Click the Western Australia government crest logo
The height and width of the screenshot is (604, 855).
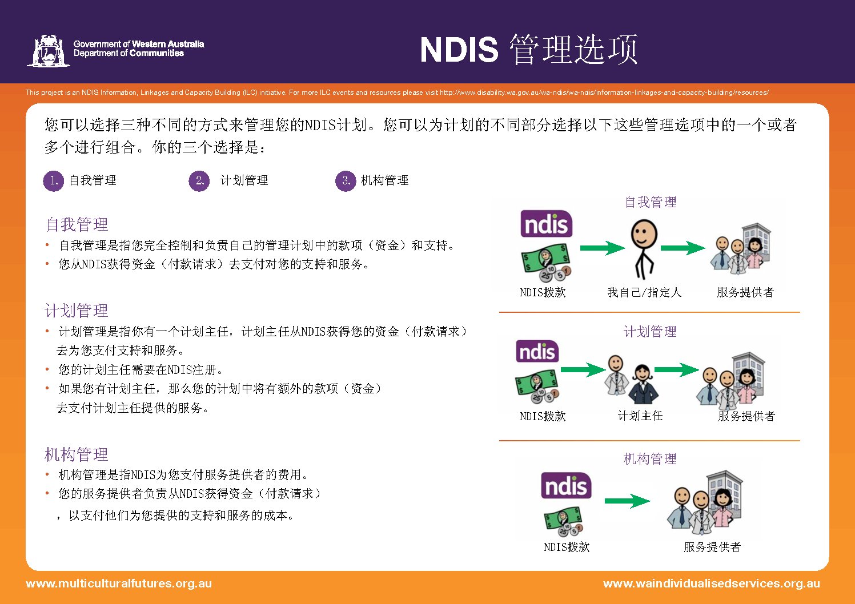pyautogui.click(x=49, y=51)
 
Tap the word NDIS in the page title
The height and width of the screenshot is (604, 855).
pyautogui.click(x=459, y=50)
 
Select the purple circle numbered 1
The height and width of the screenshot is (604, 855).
pyautogui.click(x=54, y=181)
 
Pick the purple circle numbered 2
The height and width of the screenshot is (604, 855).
pyautogui.click(x=199, y=181)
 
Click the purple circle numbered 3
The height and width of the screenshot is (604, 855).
pyautogui.click(x=346, y=181)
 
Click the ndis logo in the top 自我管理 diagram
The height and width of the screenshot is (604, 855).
pyautogui.click(x=546, y=224)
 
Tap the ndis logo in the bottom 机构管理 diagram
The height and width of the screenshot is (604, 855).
pyautogui.click(x=566, y=485)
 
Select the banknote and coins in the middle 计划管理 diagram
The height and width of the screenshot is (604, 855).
pyautogui.click(x=537, y=386)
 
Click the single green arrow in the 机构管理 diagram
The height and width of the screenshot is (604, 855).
pyautogui.click(x=628, y=501)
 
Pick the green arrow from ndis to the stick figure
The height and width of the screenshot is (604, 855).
pyautogui.click(x=603, y=248)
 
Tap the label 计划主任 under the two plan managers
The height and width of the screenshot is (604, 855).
pyautogui.click(x=640, y=416)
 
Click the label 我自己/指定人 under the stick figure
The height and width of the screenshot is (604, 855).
pyautogui.click(x=644, y=292)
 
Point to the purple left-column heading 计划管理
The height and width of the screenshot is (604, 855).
pyautogui.click(x=77, y=311)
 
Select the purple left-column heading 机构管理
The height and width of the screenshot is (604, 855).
pyautogui.click(x=77, y=454)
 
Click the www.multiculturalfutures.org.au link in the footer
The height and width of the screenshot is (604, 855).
pyautogui.click(x=119, y=583)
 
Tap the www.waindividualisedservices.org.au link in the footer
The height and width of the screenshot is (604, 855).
pyautogui.click(x=712, y=583)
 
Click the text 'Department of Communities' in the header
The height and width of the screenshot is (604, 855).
pyautogui.click(x=129, y=53)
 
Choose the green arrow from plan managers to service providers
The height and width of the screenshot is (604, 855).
pyautogui.click(x=677, y=370)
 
